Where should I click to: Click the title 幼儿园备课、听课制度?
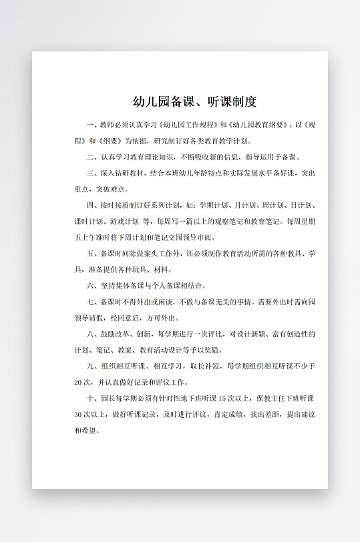coord(194,101)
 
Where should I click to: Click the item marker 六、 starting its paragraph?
coord(93,286)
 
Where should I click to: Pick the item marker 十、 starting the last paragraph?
coord(93,398)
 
